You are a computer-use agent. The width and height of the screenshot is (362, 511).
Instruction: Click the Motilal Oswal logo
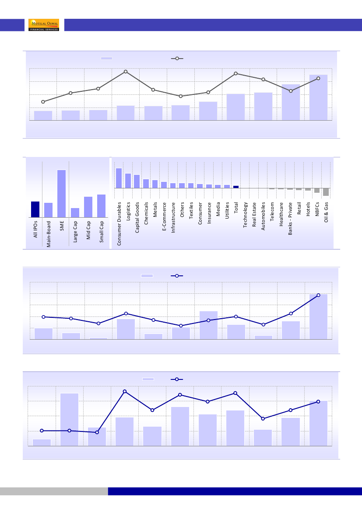pos(43,25)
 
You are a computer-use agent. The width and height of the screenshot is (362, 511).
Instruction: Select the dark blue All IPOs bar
pos(35,209)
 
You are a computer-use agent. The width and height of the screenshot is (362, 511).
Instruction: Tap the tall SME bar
pos(62,194)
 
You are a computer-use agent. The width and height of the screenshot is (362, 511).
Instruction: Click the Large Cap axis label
pos(75,232)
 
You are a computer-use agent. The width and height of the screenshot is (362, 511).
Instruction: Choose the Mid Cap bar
pos(88,207)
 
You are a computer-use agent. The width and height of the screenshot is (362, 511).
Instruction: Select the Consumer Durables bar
pos(119,178)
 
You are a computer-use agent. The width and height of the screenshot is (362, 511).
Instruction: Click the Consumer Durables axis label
pos(119,223)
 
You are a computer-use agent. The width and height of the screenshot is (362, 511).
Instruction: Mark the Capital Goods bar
pos(137,181)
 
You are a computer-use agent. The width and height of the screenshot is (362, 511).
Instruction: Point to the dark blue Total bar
pos(236,187)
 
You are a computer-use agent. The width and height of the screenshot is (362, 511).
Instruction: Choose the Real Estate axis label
pos(254,214)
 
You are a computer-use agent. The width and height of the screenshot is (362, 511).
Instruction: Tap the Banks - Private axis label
pos(290,219)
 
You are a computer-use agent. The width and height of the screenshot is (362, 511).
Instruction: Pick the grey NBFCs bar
pos(317,190)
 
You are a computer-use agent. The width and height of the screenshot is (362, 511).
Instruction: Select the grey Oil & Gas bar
pos(326,192)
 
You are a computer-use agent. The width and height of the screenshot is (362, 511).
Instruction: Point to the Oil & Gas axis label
pos(327,212)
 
